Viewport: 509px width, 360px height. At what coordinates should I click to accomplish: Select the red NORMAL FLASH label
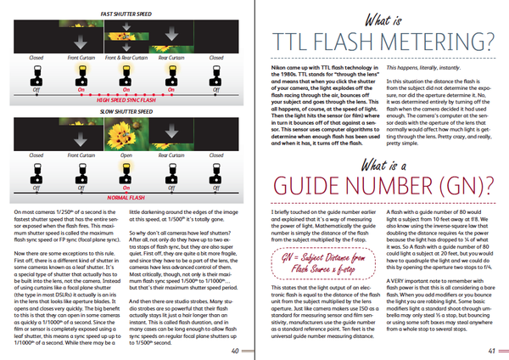[126, 195]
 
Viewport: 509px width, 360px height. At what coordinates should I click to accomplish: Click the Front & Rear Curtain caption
[126, 57]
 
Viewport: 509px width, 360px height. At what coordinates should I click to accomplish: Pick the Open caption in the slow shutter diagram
[126, 155]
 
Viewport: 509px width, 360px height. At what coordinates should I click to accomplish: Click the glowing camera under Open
[126, 170]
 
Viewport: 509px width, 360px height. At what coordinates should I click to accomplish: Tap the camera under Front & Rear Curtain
[126, 73]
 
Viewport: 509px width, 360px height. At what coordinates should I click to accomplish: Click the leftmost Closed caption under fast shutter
[36, 57]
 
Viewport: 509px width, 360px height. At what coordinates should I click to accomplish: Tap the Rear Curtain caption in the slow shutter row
[171, 155]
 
